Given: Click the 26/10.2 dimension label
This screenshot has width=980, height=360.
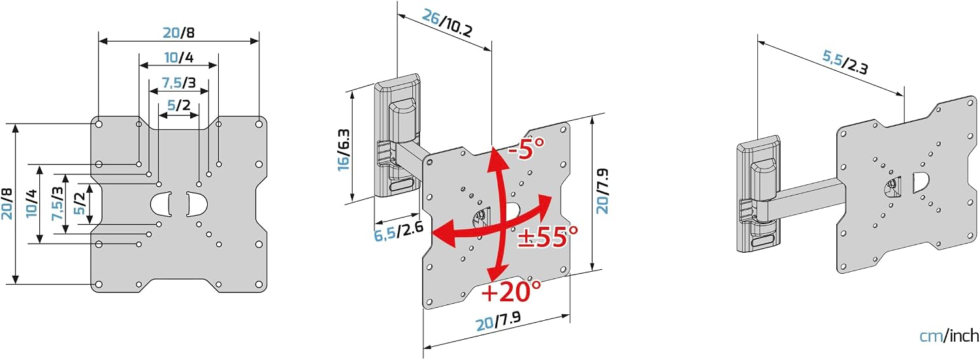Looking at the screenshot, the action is tap(447, 24).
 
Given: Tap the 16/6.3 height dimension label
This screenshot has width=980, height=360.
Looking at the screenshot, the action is tap(344, 150).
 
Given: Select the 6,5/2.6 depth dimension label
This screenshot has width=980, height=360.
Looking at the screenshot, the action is tap(398, 231).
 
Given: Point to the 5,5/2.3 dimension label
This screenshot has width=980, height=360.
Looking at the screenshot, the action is tap(845, 62).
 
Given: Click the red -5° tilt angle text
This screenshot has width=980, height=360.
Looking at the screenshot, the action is tap(527, 148).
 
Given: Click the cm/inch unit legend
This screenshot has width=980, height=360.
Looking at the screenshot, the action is tap(949, 336).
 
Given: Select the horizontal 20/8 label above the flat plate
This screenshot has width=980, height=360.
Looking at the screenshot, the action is tap(178, 33).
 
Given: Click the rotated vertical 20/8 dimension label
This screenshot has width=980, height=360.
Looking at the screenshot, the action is tap(7, 203).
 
